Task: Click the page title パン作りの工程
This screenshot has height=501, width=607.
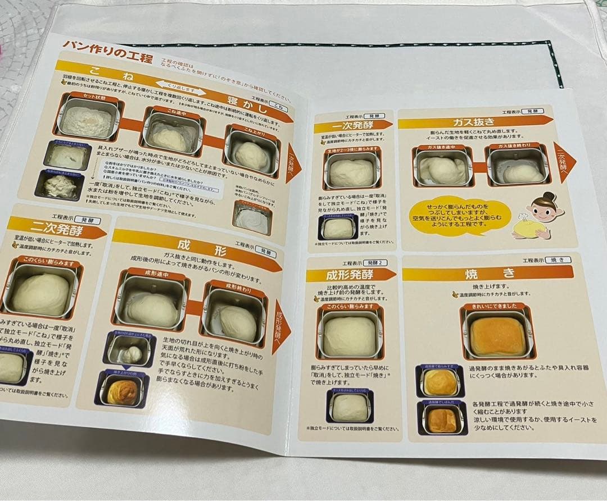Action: [99, 46]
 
